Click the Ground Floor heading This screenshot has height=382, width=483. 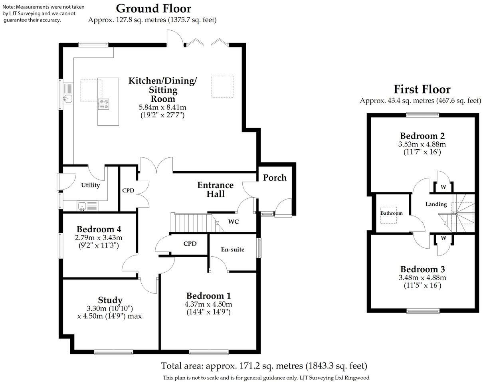point(154,8)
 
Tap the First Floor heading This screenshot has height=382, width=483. point(422,89)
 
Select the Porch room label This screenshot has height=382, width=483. point(274,178)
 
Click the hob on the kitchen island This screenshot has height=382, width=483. point(104,104)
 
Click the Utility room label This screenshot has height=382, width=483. point(90,185)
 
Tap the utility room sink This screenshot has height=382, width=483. point(83,206)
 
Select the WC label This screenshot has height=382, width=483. point(234,222)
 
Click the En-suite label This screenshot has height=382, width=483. point(232,249)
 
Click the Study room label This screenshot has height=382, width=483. point(110,300)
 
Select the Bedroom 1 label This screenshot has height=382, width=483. point(208,296)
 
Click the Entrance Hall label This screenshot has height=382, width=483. point(216,190)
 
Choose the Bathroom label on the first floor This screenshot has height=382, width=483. point(391,213)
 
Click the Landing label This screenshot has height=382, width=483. point(436,204)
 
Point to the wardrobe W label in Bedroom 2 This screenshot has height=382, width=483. point(443,187)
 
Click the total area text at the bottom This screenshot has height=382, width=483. point(264,366)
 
